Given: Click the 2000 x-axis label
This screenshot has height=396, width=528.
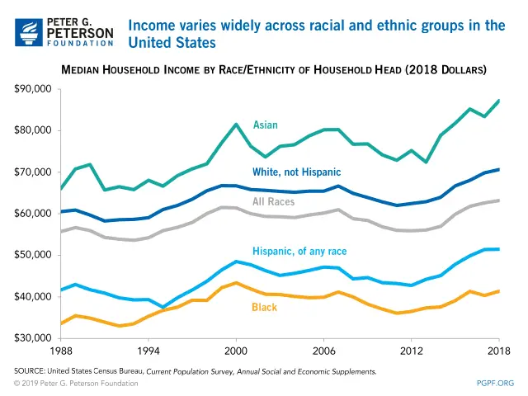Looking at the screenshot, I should [236, 350].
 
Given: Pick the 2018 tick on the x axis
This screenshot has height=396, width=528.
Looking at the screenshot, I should [498, 350].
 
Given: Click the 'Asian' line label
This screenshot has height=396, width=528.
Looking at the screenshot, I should [265, 125].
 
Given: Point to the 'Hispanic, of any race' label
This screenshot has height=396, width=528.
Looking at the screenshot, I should [300, 251].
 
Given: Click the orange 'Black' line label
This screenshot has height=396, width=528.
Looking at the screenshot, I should [265, 309].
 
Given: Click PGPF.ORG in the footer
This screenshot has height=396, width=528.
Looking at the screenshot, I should [495, 384].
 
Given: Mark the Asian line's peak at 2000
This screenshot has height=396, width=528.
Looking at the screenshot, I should [236, 125].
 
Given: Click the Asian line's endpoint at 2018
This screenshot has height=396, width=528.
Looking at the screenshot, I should [498, 101].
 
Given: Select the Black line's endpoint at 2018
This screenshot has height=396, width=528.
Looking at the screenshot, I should [498, 290].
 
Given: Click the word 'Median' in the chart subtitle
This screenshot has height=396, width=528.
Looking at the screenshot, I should [82, 68].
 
